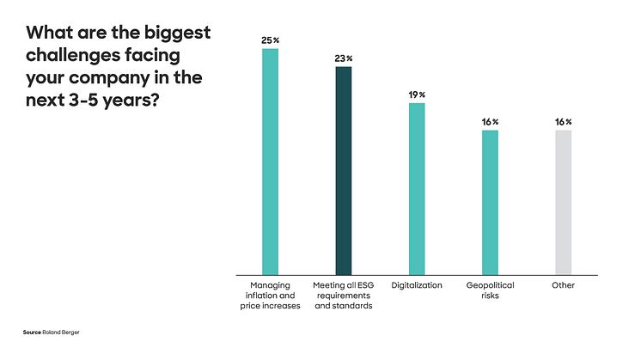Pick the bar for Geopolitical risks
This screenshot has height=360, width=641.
click(490, 201)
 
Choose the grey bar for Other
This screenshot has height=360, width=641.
click(563, 201)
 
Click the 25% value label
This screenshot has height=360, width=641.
click(270, 40)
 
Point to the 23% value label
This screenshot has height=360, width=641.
click(343, 58)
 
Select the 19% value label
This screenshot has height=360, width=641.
click(417, 95)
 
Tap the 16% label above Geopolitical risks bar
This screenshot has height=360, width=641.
click(490, 122)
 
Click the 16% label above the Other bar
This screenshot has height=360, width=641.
click(563, 122)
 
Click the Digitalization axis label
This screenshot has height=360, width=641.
click(417, 285)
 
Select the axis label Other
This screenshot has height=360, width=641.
click(563, 285)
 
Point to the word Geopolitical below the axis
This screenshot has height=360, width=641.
click(490, 285)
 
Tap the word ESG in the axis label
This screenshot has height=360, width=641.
click(364, 285)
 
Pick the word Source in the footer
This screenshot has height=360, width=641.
click(32, 332)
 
